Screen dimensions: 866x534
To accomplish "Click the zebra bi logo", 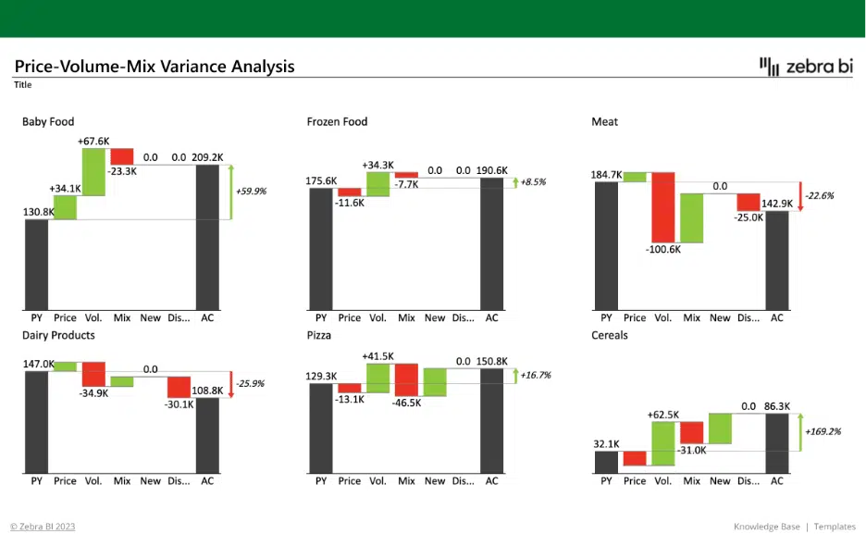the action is pos(806,67).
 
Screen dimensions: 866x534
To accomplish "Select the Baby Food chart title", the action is pos(48,121).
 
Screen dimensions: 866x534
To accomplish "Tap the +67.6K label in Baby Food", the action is pos(93,142).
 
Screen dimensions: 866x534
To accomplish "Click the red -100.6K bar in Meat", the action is pos(663,207).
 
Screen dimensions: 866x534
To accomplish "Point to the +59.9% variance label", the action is pos(251,191).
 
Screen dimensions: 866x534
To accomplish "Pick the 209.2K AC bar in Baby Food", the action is pos(207,238).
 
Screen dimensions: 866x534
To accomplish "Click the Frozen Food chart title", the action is pos(337,121).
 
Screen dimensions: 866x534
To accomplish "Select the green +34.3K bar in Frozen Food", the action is pos(377,184).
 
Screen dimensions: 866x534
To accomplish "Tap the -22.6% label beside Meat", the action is pos(819,195).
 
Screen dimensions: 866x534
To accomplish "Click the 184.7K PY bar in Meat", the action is pos(606,246).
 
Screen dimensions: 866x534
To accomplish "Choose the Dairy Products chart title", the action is pos(58,335).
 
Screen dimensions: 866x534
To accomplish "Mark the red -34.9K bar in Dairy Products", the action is pos(93,375).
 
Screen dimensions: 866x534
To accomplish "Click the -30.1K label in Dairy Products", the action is pos(179,404).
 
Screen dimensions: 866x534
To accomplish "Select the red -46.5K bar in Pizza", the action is pos(406,380).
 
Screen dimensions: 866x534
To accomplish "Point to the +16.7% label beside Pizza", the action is pos(535,375).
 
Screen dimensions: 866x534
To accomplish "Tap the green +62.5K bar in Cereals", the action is pos(663,443).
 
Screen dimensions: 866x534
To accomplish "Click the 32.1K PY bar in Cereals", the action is pos(606,462).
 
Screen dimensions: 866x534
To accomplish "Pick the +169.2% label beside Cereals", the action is pos(823,431).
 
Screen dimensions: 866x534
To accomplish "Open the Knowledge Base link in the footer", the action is pos(767,527).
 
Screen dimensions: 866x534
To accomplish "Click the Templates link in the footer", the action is pos(835,527).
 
